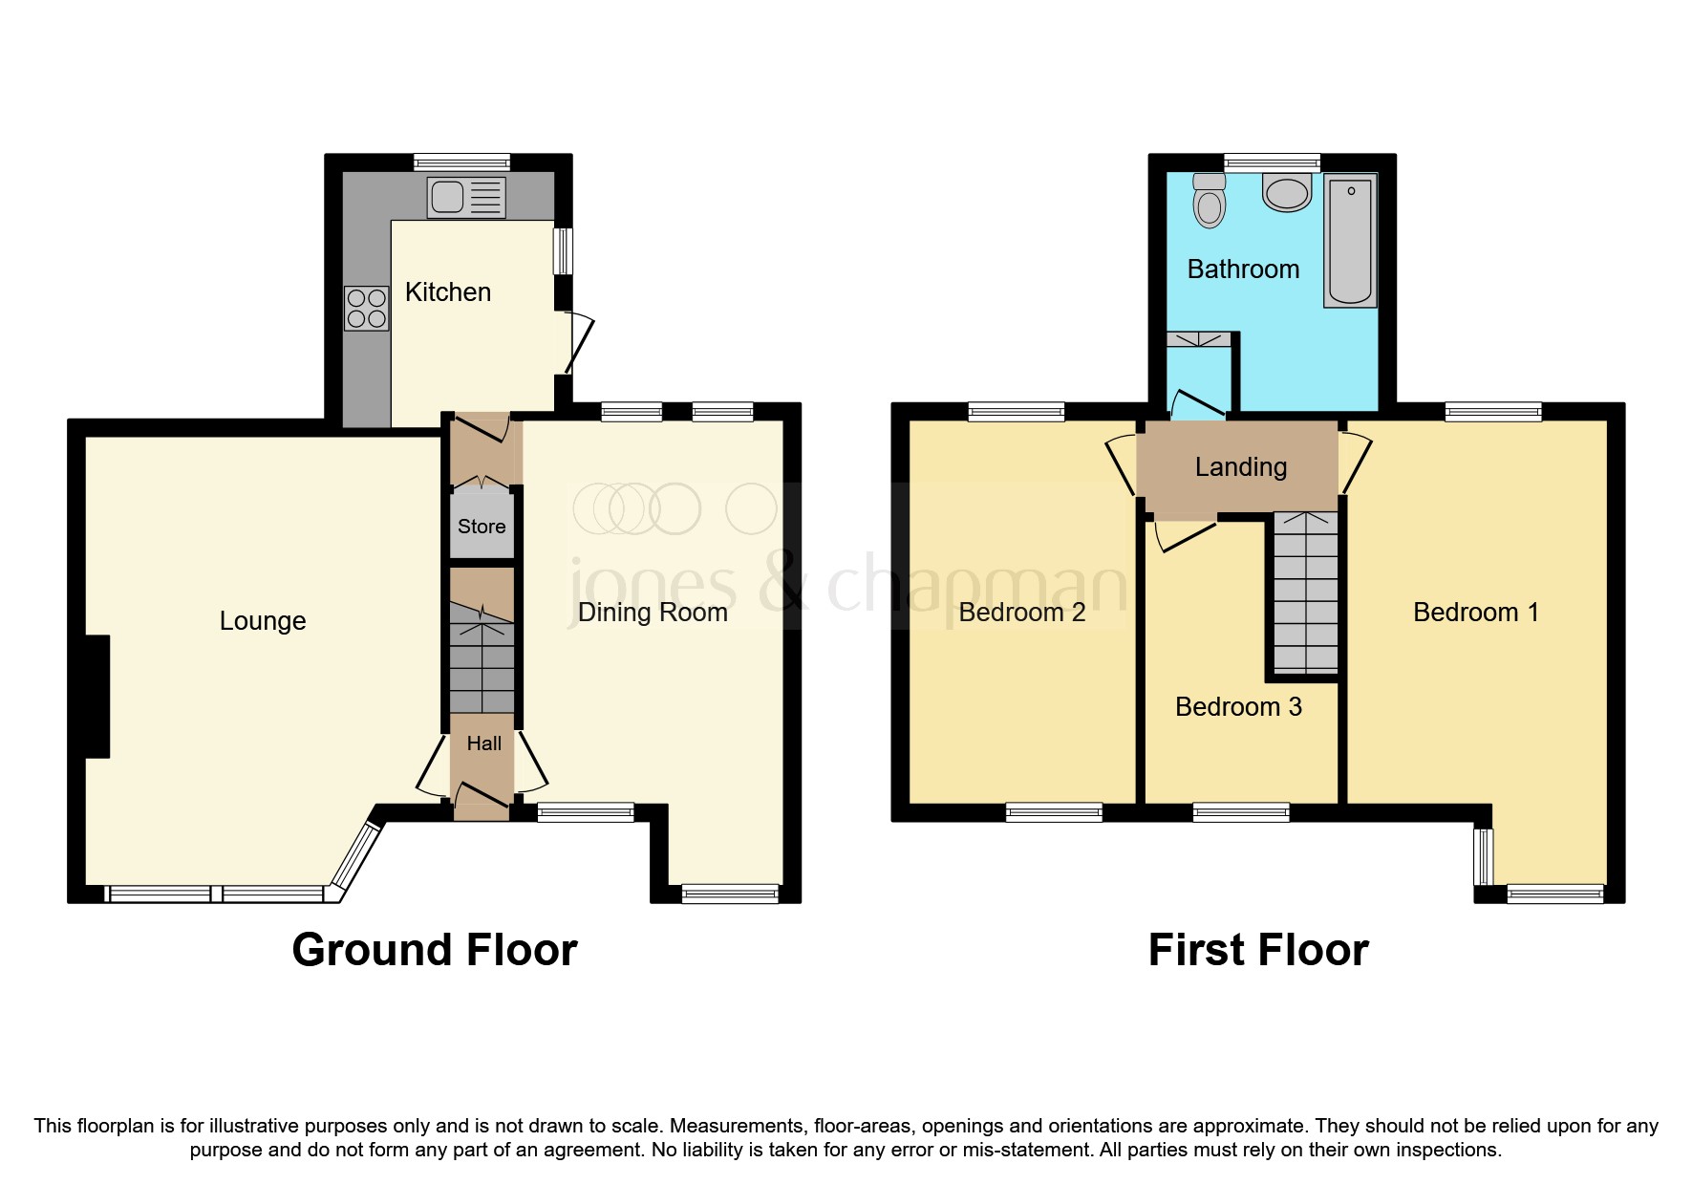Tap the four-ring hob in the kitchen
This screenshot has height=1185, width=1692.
tap(367, 309)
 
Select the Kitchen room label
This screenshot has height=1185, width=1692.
tap(447, 292)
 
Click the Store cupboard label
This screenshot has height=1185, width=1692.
tap(482, 527)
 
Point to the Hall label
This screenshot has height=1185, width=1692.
tap(483, 743)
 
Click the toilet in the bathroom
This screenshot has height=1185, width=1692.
tap(1210, 201)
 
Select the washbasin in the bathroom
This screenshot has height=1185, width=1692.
tap(1287, 192)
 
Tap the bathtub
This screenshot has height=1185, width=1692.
tap(1350, 241)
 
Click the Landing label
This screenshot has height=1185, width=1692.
tap(1240, 467)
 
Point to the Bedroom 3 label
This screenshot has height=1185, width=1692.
tap(1238, 707)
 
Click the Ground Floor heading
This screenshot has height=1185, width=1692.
tap(435, 950)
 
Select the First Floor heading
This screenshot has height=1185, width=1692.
tap(1258, 950)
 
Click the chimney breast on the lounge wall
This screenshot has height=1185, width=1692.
tap(97, 697)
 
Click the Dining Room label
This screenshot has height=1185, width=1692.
tap(653, 613)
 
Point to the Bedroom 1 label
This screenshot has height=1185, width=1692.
tap(1475, 613)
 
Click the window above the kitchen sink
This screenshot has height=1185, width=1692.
tap(462, 162)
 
